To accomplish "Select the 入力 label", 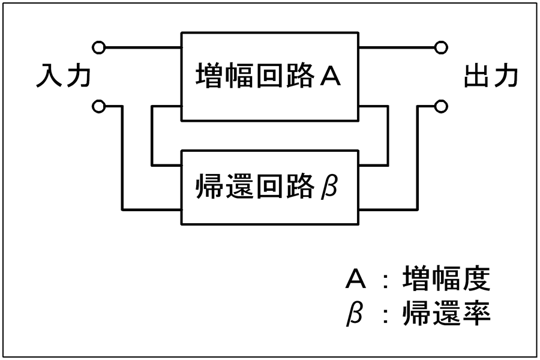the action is (x=64, y=76).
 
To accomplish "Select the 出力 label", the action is (x=491, y=76).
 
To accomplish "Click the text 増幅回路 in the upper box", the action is (x=255, y=75).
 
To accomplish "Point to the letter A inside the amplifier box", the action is (x=330, y=76).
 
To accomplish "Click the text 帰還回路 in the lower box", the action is (x=255, y=187).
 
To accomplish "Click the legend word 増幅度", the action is (x=446, y=278).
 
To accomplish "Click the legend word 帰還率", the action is (x=446, y=313).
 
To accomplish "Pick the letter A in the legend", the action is (x=355, y=279).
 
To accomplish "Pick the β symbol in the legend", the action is (x=355, y=313).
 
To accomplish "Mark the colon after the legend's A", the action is (x=386, y=280).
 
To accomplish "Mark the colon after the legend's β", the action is (x=386, y=315).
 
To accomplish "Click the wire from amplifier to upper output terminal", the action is (x=397, y=47).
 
